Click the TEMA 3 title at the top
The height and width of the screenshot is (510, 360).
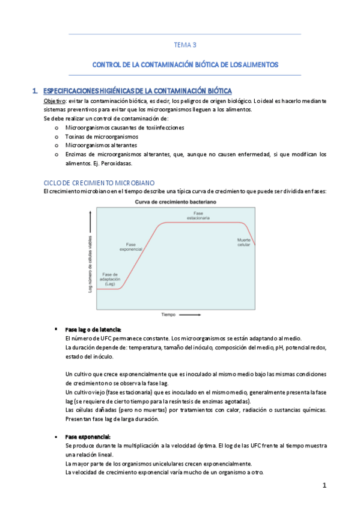185,45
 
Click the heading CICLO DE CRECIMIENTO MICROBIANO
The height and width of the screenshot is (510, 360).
100,182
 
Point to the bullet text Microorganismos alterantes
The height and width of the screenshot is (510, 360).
101,145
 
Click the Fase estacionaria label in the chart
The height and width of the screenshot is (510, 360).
198,216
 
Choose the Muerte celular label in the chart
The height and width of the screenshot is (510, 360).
243,242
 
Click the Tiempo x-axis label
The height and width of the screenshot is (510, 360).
168,314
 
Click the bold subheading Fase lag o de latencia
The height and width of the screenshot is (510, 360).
93,330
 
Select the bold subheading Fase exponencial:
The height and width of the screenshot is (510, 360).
88,436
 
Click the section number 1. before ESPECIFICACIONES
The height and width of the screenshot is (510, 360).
37,91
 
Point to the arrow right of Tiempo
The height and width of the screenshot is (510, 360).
191,314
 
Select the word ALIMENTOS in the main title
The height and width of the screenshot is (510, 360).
258,64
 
